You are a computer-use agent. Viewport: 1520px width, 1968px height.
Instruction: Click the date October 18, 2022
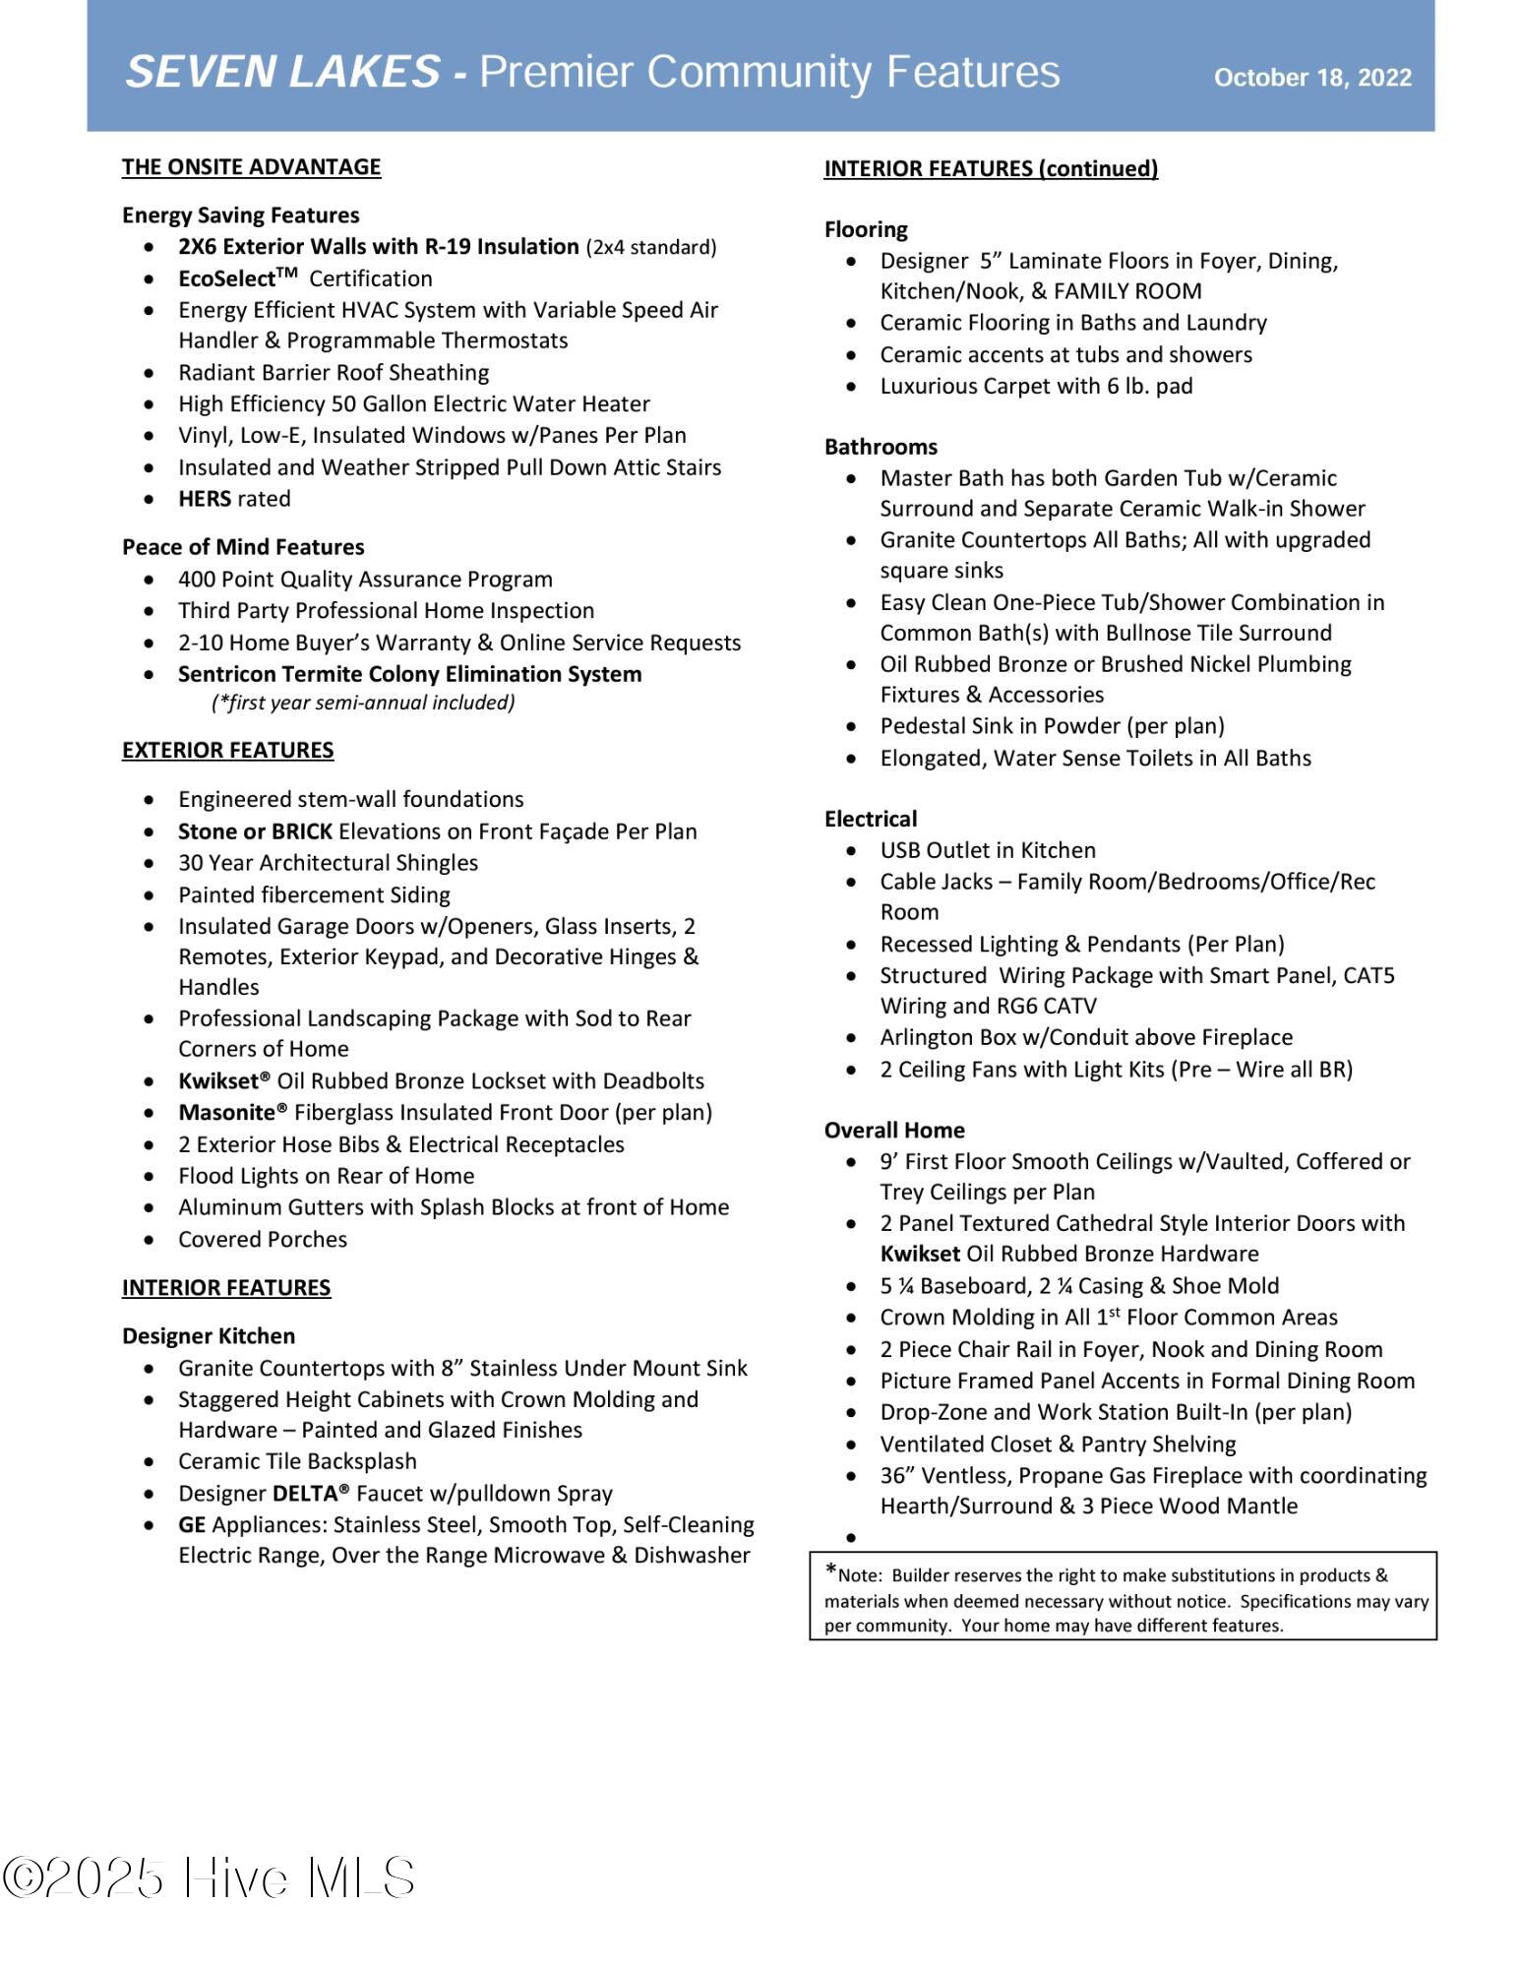click(x=1312, y=78)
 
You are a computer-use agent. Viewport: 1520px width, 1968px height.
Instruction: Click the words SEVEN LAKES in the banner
click(x=282, y=73)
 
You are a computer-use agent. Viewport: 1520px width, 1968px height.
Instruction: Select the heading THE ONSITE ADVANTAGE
click(x=251, y=167)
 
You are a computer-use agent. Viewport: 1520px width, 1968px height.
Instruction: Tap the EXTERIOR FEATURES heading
click(x=227, y=751)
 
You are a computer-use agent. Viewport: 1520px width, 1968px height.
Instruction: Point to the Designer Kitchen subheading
click(x=209, y=1336)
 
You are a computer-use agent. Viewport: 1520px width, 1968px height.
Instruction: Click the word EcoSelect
click(x=226, y=279)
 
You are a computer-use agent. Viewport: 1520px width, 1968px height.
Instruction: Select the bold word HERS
click(x=204, y=499)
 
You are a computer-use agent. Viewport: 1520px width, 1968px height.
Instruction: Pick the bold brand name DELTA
click(x=310, y=1494)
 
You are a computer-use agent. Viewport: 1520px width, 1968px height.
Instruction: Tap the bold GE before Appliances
click(x=192, y=1525)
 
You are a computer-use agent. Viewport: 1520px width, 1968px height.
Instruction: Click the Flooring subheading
click(x=866, y=230)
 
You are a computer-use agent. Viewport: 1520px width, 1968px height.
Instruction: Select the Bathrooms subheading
click(x=881, y=448)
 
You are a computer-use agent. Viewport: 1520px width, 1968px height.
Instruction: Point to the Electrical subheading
click(x=871, y=820)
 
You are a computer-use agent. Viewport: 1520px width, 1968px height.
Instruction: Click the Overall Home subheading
click(x=894, y=1131)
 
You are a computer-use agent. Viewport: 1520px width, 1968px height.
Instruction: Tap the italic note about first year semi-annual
click(x=363, y=703)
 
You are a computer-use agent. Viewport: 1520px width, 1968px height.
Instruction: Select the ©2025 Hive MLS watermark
click(x=209, y=1878)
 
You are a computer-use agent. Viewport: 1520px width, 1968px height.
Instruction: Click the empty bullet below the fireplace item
click(x=851, y=1538)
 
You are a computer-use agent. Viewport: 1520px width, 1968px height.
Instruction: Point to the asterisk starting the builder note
click(x=831, y=1570)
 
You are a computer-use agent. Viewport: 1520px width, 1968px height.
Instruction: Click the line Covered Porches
click(x=263, y=1240)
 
